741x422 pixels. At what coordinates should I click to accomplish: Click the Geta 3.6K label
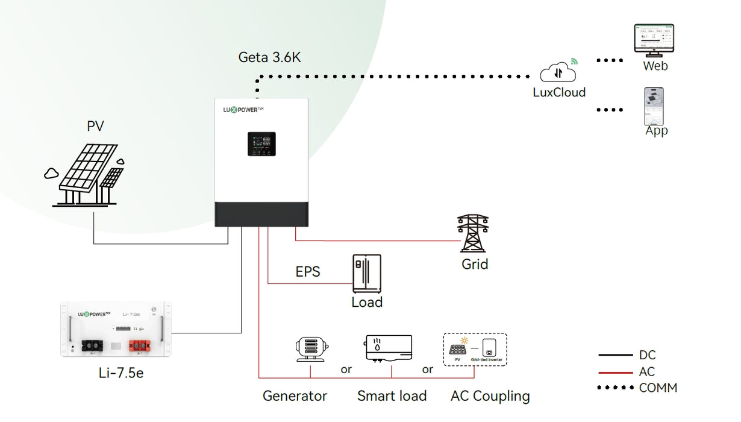point(269,58)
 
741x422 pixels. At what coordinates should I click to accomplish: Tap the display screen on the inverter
point(261,144)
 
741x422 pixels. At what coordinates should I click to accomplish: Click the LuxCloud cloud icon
point(558,72)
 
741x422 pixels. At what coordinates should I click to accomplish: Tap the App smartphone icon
point(654,106)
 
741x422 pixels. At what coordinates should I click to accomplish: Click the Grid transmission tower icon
point(473,233)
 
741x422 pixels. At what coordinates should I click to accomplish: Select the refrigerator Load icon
point(367,273)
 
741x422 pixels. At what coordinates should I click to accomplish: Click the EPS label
point(308,272)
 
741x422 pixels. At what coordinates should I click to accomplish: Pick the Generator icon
point(310,348)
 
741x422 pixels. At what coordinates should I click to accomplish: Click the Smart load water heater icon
point(389,348)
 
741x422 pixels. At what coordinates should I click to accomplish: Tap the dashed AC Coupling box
point(475,350)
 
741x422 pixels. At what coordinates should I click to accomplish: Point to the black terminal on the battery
point(93,345)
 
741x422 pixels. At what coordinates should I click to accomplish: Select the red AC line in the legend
point(615,373)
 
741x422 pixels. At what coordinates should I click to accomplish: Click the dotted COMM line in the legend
point(615,388)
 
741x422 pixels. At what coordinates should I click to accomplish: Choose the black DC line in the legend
point(615,356)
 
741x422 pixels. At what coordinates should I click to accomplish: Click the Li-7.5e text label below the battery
point(121,373)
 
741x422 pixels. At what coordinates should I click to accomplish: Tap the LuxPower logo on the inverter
point(244,110)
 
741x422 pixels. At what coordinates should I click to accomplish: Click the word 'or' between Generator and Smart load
point(346,370)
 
